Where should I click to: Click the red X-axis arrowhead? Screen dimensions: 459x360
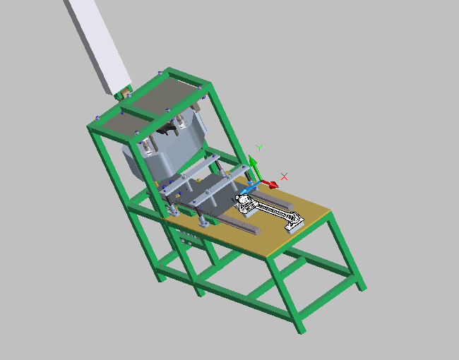(274, 185)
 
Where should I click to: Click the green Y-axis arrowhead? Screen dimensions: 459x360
(252, 161)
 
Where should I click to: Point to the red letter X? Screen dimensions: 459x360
(284, 176)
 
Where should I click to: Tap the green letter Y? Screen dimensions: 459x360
(259, 148)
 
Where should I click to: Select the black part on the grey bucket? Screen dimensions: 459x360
(166, 129)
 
